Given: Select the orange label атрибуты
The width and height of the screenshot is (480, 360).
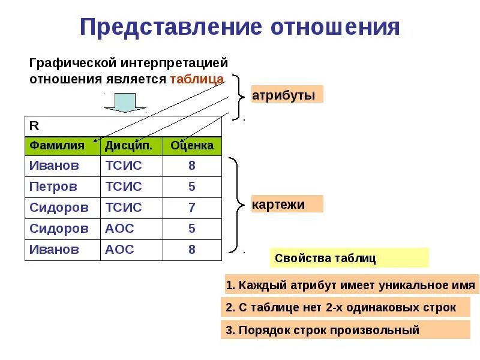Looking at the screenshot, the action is click(287, 94).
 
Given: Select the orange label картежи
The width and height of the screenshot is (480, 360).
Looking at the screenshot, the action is click(287, 204).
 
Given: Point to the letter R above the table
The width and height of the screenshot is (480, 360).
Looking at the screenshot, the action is click(34, 126).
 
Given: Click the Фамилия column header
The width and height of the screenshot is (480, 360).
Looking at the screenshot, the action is click(57, 146).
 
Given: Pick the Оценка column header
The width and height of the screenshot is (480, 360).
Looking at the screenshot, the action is click(191, 146).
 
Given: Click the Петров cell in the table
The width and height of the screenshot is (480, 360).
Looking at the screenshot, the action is click(53, 187).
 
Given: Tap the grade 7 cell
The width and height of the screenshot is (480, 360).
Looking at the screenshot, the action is click(191, 208).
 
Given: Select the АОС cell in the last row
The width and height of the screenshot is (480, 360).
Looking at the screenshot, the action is click(120, 250).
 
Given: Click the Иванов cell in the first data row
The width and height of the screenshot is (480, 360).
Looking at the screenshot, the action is click(54, 166).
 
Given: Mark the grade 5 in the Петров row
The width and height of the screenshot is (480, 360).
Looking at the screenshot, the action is click(191, 187).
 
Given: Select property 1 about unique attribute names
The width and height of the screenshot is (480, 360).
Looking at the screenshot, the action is click(350, 285).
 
